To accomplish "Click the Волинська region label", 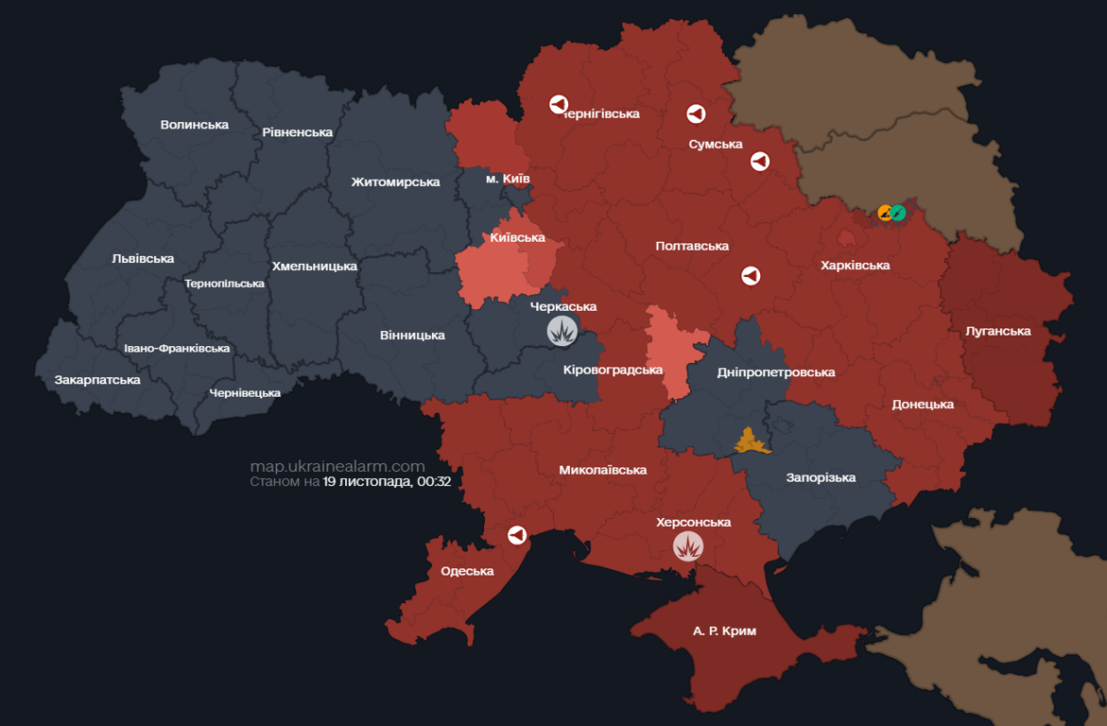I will pos(195,125).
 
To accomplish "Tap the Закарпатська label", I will pos(97,380).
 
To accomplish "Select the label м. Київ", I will pos(508,179).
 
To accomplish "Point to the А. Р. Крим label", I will pos(724,631).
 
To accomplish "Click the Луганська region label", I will pos(998,331).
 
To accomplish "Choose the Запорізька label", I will pos(821,477).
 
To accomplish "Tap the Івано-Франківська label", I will pos(177,348).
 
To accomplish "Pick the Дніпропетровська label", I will pos(776,372).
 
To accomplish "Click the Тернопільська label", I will pos(225,284).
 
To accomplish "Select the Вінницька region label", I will pos(412,336).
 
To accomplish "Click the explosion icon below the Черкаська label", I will pos(562,331).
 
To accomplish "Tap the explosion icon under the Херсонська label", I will pos(687,545).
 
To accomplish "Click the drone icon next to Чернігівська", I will pos(559,105).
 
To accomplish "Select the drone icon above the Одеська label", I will pos(517,535).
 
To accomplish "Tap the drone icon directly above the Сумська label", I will pos(696,114).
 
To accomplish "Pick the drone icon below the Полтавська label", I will pos(751,276).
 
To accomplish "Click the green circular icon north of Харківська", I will pos(898,213).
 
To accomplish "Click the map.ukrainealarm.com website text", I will pos(337,466).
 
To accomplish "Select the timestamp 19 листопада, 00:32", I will pos(387,481).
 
